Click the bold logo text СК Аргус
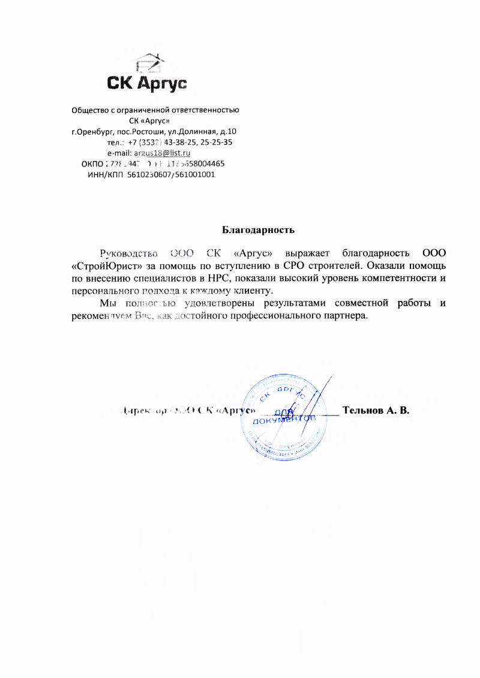coord(147,82)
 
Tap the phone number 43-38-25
coord(179,142)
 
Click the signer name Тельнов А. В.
coord(375,411)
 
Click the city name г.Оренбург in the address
coord(91,132)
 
